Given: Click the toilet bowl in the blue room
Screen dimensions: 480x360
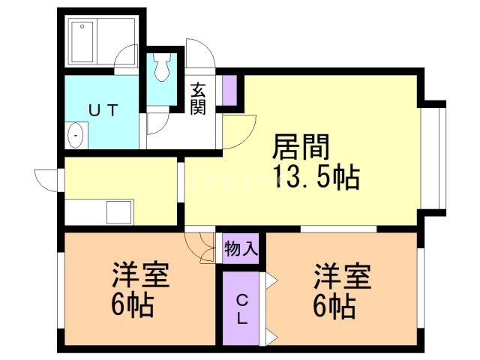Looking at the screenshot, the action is pyautogui.click(x=162, y=67).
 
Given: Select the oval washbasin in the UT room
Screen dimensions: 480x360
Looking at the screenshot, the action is pyautogui.click(x=75, y=135).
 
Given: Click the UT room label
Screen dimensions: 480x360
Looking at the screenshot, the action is pyautogui.click(x=103, y=110).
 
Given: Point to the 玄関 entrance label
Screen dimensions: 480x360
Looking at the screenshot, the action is pyautogui.click(x=198, y=98).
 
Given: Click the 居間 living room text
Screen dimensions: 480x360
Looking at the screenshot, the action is pyautogui.click(x=301, y=147).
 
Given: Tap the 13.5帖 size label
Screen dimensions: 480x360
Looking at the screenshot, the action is pyautogui.click(x=316, y=177).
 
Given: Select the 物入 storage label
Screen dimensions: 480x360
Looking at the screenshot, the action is pyautogui.click(x=241, y=248).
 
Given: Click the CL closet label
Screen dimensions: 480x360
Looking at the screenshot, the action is pyautogui.click(x=242, y=310).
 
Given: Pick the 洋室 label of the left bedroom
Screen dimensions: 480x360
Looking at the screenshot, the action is pyautogui.click(x=140, y=274).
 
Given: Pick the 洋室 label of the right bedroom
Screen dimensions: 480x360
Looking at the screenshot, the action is pyautogui.click(x=342, y=276).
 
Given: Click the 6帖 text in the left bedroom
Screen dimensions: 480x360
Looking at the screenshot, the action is pyautogui.click(x=132, y=305).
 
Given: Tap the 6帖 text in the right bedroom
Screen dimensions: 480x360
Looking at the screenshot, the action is pyautogui.click(x=334, y=307).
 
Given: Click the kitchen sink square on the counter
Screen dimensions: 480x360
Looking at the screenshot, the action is pyautogui.click(x=118, y=212).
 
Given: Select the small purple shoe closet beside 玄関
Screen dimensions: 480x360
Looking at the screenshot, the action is pyautogui.click(x=229, y=90).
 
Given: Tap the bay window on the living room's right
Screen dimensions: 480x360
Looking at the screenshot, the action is pyautogui.click(x=433, y=158).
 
